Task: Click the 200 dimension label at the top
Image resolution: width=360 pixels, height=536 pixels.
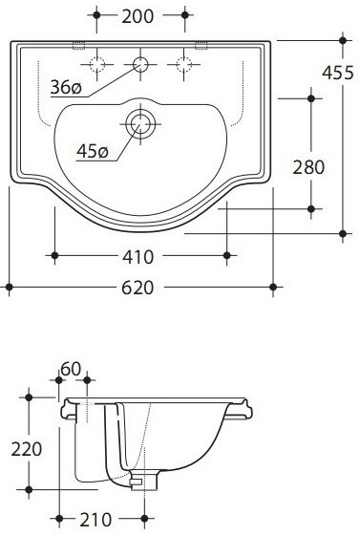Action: tap(138, 16)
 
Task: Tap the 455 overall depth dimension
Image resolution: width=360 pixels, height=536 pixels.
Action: tap(338, 73)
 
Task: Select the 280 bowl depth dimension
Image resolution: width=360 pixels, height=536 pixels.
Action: tap(308, 167)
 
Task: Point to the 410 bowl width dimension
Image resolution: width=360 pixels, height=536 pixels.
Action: tap(138, 257)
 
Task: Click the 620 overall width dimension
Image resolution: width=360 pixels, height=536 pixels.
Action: tap(138, 288)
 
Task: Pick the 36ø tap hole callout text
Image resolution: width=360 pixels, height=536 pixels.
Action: tap(66, 88)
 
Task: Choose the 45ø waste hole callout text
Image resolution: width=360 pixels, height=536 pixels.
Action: tap(93, 151)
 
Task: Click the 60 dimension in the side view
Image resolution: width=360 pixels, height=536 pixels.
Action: tap(71, 369)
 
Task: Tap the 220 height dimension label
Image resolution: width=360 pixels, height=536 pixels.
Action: tap(27, 449)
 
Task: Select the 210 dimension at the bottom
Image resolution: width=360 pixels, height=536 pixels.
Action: tap(95, 520)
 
